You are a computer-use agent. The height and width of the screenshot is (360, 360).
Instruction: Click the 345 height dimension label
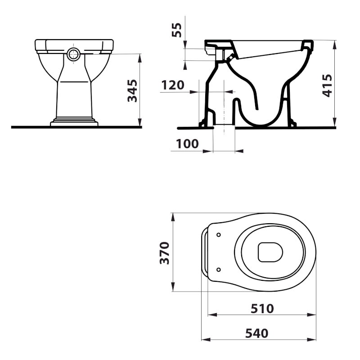tap(132, 91)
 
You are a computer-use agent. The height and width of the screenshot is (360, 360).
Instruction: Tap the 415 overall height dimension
tap(327, 85)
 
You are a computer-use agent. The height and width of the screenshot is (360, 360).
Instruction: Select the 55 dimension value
tap(176, 30)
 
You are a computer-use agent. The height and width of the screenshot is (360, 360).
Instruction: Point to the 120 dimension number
tap(173, 85)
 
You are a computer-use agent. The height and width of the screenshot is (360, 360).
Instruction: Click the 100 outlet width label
tap(187, 144)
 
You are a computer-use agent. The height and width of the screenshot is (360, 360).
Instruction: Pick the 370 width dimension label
tap(164, 253)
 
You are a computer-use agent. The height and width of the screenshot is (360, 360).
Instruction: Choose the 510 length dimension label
tap(262, 309)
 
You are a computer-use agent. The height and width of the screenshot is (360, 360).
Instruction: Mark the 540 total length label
tap(256, 333)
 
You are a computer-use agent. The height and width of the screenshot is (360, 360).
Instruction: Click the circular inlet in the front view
tap(74, 54)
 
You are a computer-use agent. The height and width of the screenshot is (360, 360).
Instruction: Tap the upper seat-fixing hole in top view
tap(219, 234)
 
